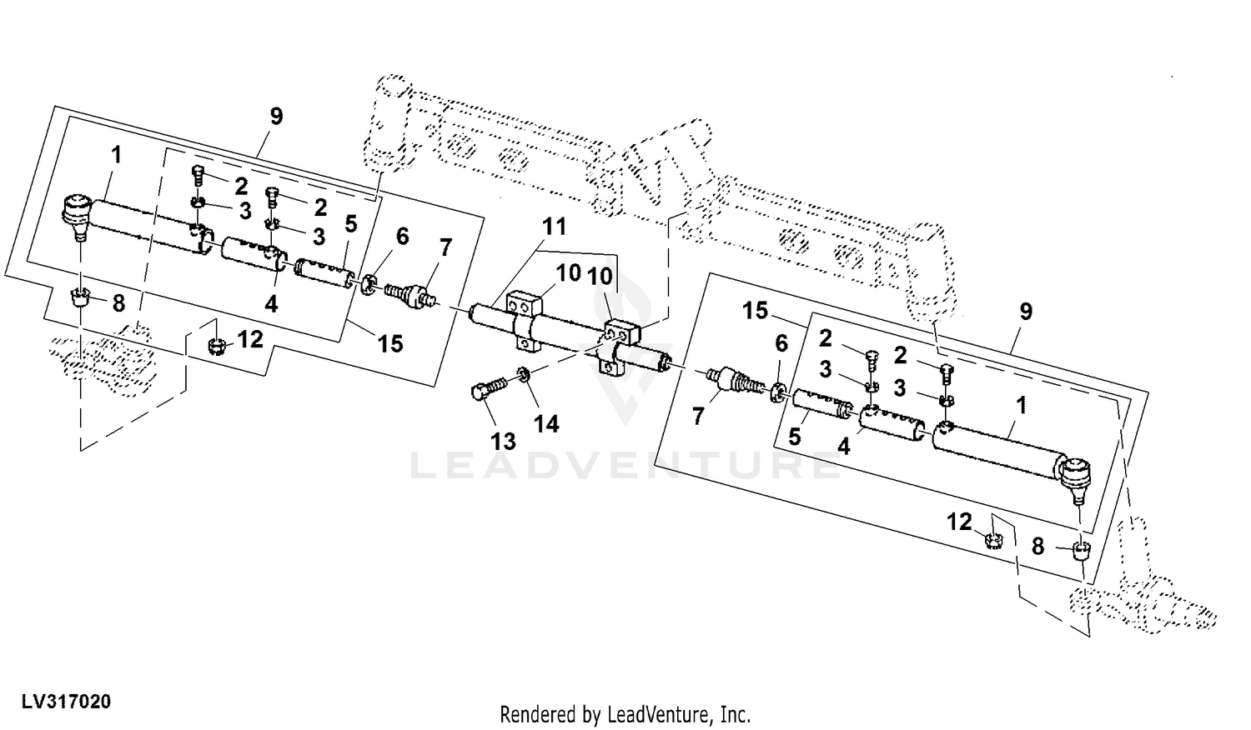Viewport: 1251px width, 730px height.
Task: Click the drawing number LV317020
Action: (67, 702)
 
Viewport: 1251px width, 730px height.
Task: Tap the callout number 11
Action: (554, 227)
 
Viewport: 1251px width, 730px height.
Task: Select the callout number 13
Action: (503, 442)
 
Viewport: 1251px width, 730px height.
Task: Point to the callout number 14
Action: (546, 424)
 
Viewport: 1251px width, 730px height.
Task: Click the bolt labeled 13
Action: (489, 387)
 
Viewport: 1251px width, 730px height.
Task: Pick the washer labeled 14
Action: (523, 374)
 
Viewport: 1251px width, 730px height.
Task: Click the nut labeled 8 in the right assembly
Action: (1082, 552)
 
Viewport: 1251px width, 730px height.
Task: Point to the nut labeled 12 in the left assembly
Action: (216, 347)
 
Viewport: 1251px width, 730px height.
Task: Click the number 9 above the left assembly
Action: (276, 117)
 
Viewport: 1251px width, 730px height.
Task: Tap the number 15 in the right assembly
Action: (755, 311)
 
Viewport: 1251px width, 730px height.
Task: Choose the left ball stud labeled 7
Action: (412, 295)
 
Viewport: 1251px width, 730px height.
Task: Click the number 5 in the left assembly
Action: (350, 224)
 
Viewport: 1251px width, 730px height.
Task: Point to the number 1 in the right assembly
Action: (1022, 406)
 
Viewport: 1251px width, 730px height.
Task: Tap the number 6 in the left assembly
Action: (402, 237)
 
